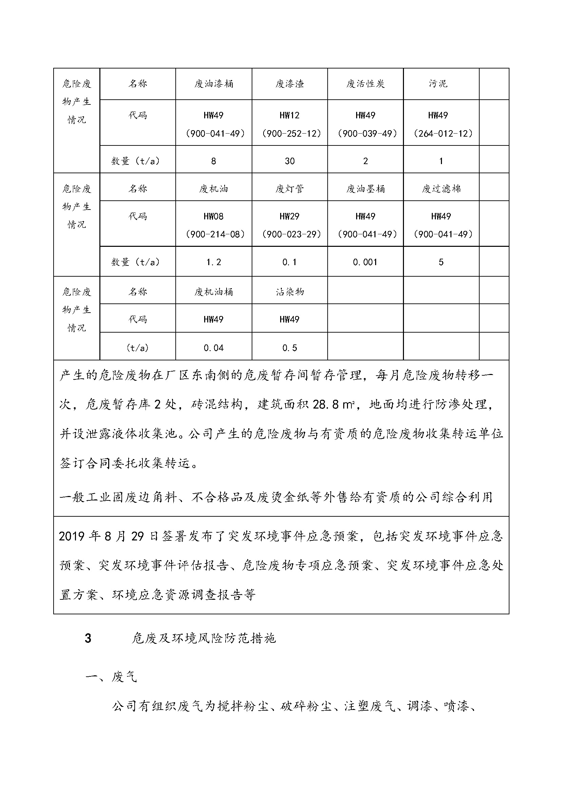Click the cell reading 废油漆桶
[x=213, y=84]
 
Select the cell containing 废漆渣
[x=289, y=84]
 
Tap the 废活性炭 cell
[x=365, y=84]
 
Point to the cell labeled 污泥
[x=438, y=84]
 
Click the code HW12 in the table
[x=289, y=115]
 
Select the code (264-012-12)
[x=443, y=134]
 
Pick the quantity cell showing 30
[x=289, y=161]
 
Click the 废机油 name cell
[x=213, y=189]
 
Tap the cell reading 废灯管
[x=289, y=189]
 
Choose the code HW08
[x=213, y=217]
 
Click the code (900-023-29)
[x=291, y=235]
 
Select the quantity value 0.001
[x=365, y=262]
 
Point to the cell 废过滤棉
[x=441, y=189]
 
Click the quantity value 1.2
[x=213, y=262]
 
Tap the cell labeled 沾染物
[x=289, y=292]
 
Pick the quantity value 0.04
[x=213, y=348]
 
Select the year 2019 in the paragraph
[x=71, y=536]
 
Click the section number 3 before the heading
[x=88, y=638]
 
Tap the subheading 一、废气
[x=111, y=677]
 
